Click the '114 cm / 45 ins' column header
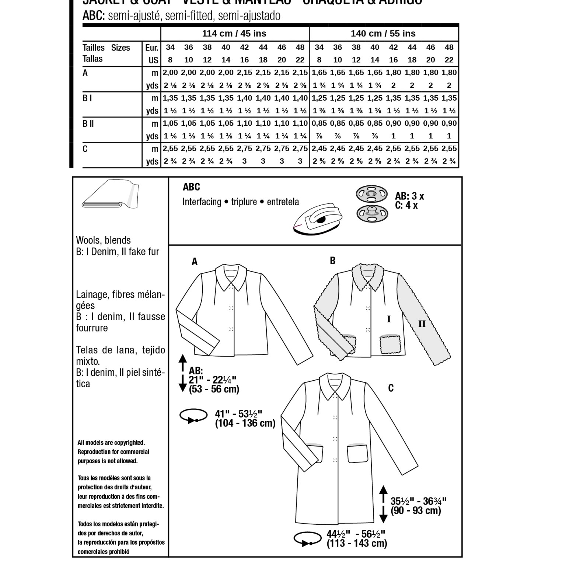(234, 34)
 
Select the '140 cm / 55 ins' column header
(383, 34)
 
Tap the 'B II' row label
(88, 124)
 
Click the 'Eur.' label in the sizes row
(152, 48)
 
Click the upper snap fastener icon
(371, 193)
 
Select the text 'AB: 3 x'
(409, 196)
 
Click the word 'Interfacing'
(202, 202)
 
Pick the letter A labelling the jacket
(195, 262)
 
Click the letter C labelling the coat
(391, 388)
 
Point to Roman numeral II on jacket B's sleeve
(422, 324)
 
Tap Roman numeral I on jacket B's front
(389, 319)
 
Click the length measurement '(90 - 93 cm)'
(416, 511)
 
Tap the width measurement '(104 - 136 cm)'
(245, 423)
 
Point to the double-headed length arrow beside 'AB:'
(182, 373)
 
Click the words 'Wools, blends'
(103, 240)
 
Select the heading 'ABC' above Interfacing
(191, 187)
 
